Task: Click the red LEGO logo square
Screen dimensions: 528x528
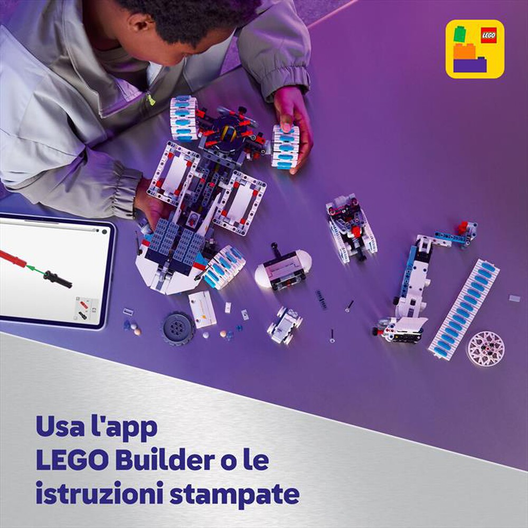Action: point(488,35)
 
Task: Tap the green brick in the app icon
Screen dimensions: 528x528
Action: point(460,34)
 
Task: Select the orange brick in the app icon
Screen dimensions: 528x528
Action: point(464,51)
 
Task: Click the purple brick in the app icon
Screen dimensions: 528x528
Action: point(470,64)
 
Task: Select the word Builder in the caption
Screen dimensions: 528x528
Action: point(165,459)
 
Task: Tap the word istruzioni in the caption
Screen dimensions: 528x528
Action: point(99,493)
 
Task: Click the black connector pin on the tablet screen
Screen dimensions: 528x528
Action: point(58,279)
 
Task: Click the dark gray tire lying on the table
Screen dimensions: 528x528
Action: point(178,328)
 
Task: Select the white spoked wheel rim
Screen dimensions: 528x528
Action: point(486,348)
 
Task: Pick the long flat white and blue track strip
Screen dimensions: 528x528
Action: point(464,309)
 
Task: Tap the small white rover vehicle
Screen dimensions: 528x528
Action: point(285,325)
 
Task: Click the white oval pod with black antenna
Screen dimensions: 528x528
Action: point(283,268)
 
